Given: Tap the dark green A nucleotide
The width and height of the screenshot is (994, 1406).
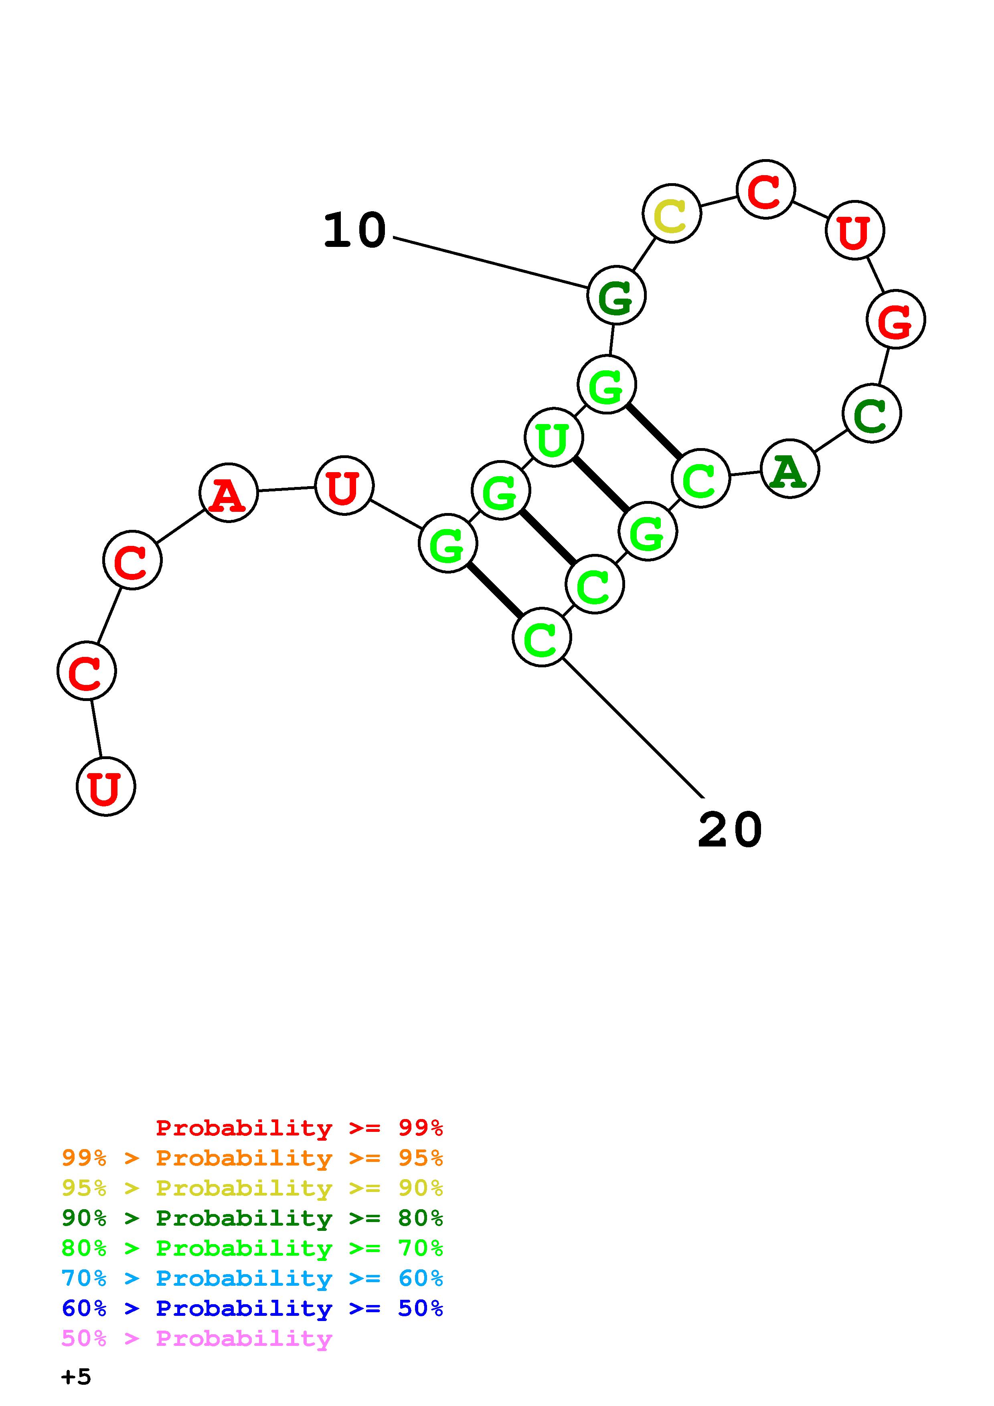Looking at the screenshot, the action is (x=790, y=469).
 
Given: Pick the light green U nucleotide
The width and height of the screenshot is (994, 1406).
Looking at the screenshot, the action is (x=554, y=437).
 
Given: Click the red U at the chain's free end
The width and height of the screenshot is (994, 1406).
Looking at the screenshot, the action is (x=106, y=786).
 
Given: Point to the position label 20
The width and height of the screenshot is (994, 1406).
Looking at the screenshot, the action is (x=730, y=830).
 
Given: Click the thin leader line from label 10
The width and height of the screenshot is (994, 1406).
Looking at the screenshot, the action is (x=490, y=262).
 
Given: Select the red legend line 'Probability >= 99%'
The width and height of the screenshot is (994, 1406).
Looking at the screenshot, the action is (x=299, y=1127).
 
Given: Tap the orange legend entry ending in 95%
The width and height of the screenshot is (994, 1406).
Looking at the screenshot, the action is (x=252, y=1158).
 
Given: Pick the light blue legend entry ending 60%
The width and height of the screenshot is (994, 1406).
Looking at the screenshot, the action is (x=252, y=1278).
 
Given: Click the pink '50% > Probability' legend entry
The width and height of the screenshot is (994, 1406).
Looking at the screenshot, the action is (x=196, y=1338).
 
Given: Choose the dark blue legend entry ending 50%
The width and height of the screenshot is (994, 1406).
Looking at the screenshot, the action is (x=252, y=1308).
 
